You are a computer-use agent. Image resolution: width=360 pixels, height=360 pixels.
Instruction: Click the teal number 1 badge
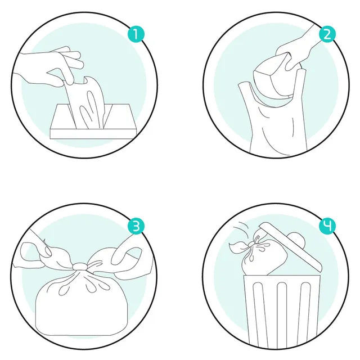[x=136, y=34]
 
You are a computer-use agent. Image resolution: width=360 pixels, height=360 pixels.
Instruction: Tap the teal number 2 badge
[x=327, y=34]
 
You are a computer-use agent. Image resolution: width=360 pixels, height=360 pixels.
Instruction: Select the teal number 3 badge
[x=136, y=226]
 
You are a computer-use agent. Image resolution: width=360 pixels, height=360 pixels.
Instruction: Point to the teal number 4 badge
[x=327, y=226]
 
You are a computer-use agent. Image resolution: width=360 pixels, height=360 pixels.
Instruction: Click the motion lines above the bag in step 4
[x=241, y=228]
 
